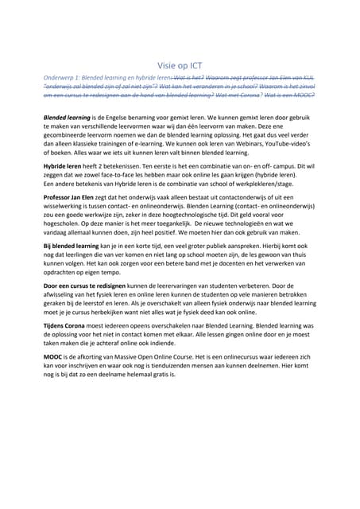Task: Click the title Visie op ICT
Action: point(180,68)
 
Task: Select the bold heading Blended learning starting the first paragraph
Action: point(68,116)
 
